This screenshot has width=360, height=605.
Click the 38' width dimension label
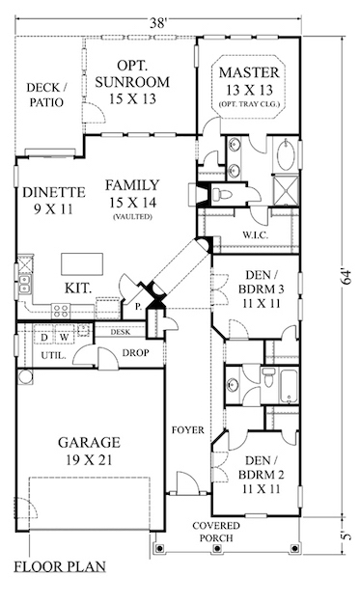coord(158,23)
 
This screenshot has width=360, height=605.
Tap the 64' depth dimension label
coord(346,276)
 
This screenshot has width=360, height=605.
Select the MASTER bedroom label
coord(249,72)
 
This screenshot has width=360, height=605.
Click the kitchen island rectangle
coord(82,264)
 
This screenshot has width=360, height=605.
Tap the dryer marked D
coord(44,337)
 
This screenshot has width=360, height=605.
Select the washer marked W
coord(65,337)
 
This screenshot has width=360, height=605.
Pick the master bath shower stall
coord(286,190)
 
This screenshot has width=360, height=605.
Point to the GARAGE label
coord(89,442)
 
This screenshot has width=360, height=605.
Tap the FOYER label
coord(188,429)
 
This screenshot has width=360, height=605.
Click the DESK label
coord(121,332)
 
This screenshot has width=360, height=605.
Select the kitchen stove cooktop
coord(62,311)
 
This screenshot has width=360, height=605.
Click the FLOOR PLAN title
coord(60,566)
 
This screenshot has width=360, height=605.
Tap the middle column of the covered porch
coord(216,548)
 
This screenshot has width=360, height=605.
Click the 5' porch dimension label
coord(346,536)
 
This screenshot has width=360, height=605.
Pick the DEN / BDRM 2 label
coord(261,475)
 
